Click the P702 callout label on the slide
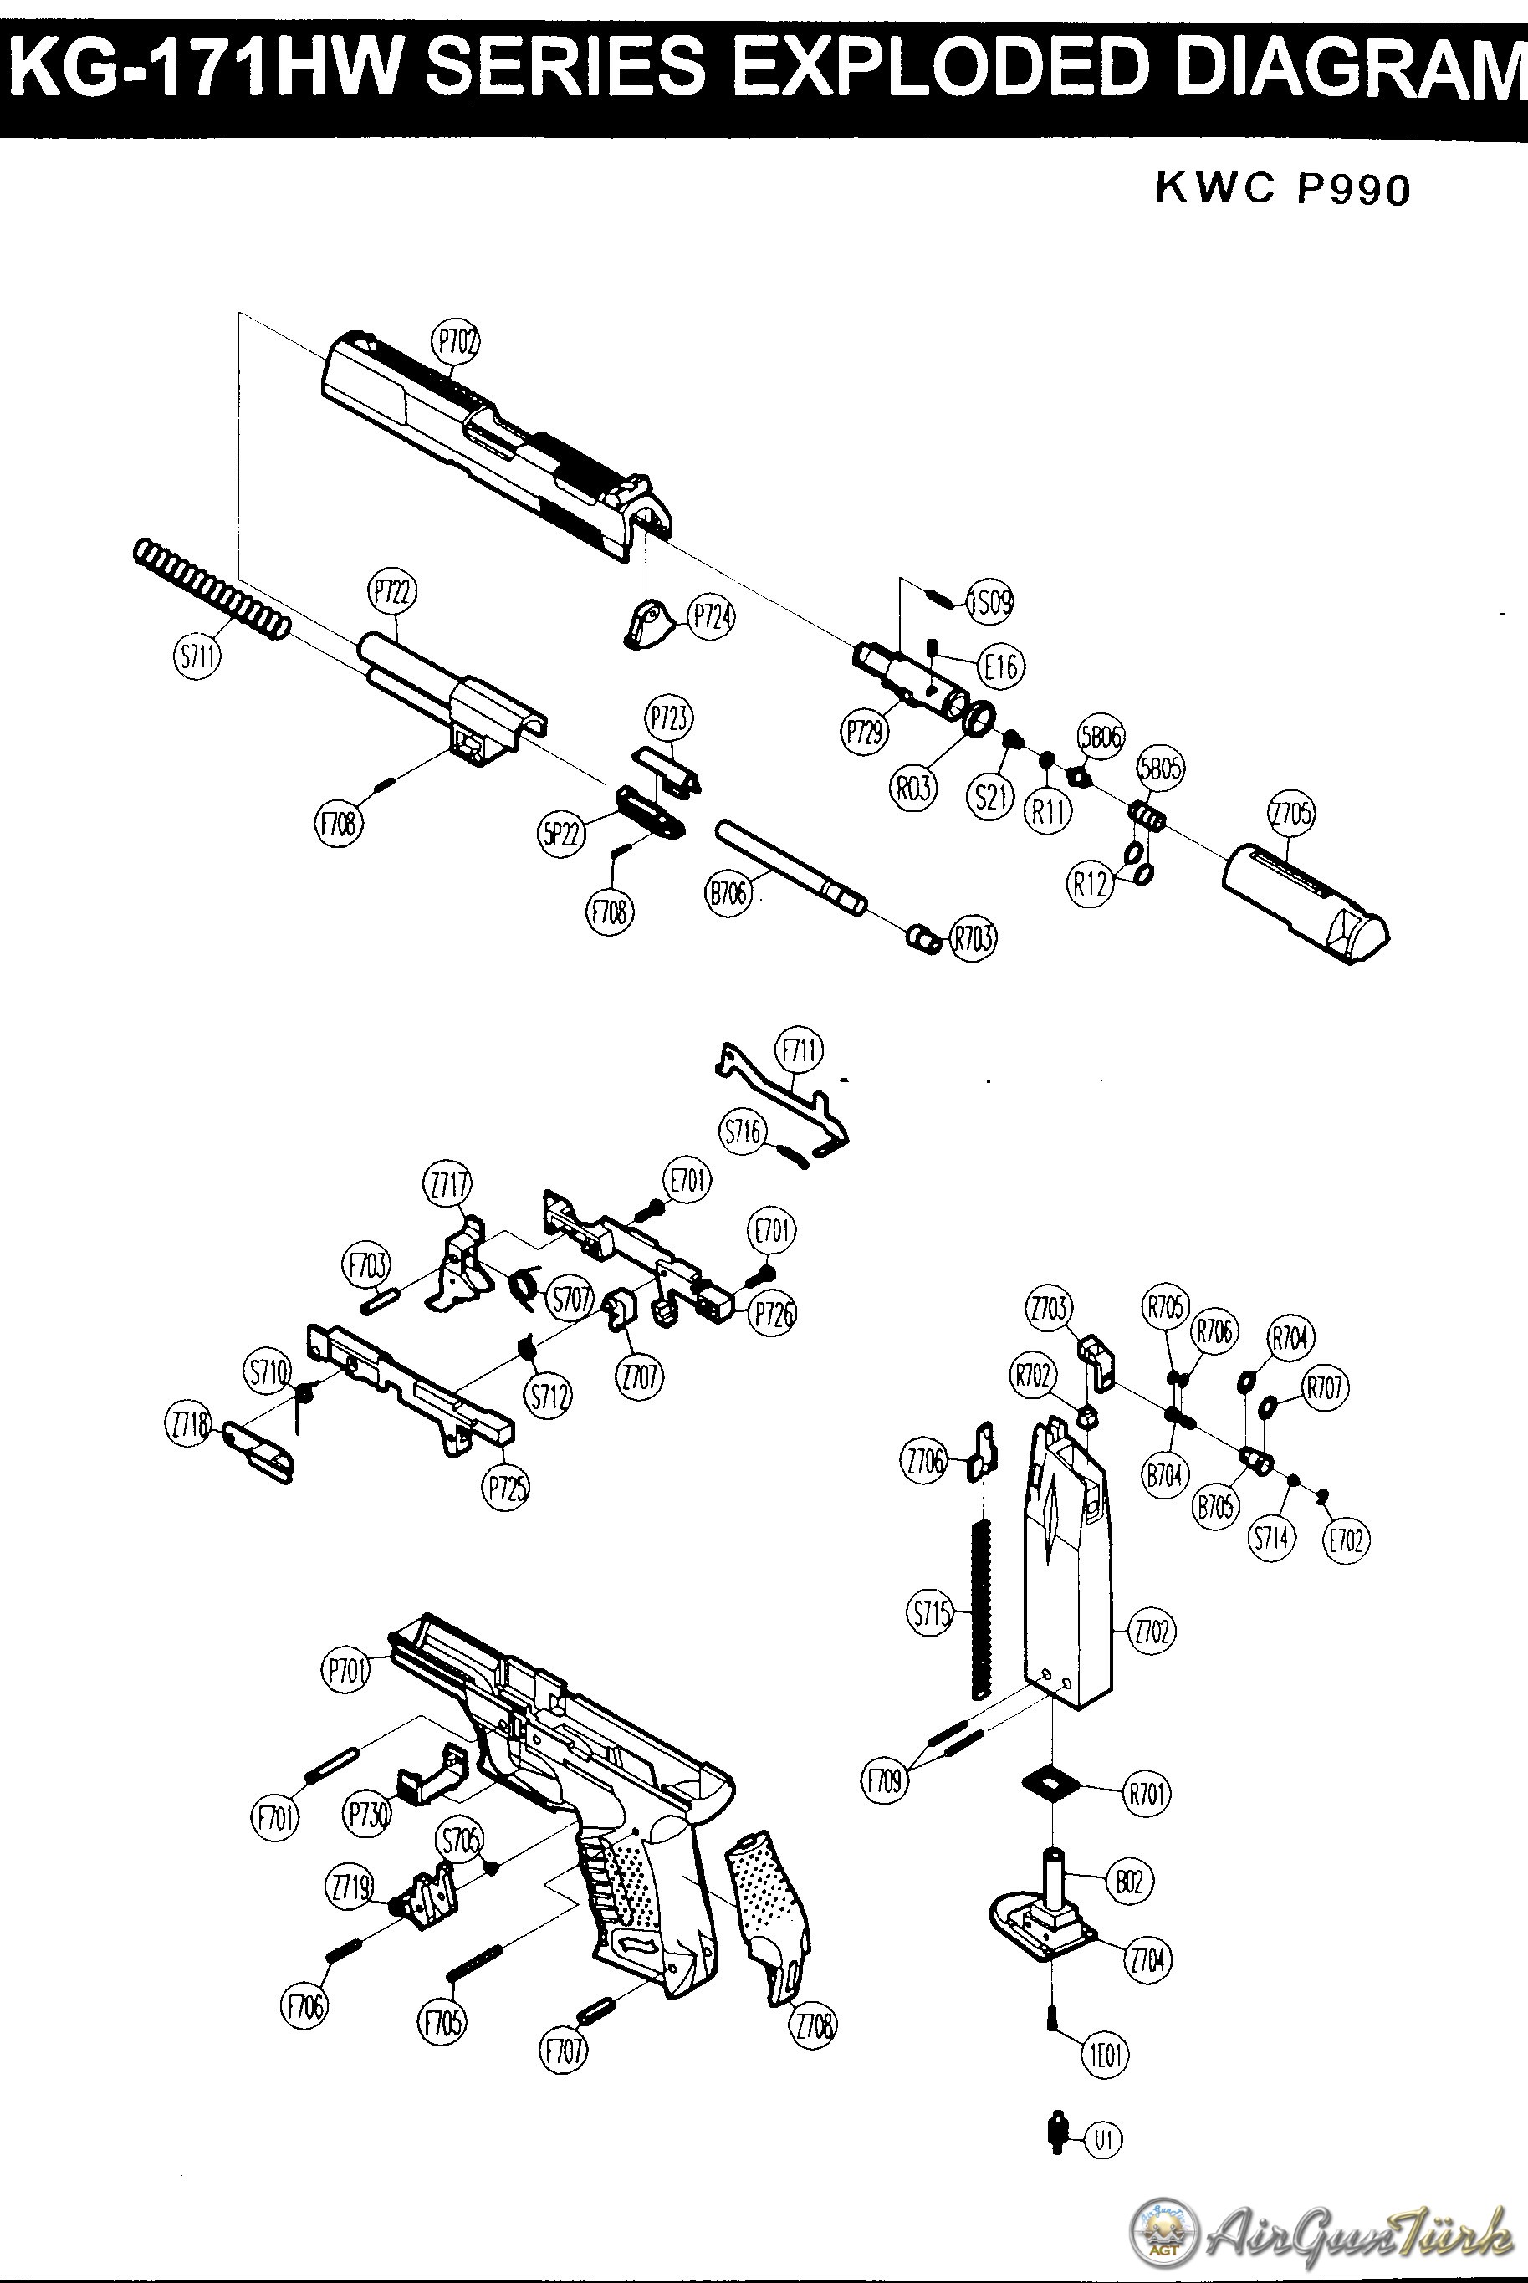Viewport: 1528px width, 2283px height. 456,343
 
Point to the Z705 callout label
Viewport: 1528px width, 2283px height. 1290,813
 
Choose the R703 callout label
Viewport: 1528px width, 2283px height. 974,938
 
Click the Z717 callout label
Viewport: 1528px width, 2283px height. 447,1185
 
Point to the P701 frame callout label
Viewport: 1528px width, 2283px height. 346,1671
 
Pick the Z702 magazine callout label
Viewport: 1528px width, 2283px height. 1152,1630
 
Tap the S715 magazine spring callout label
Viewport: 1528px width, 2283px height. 930,1615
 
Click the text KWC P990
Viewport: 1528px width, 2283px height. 1282,188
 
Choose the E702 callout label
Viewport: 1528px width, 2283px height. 1345,1540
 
